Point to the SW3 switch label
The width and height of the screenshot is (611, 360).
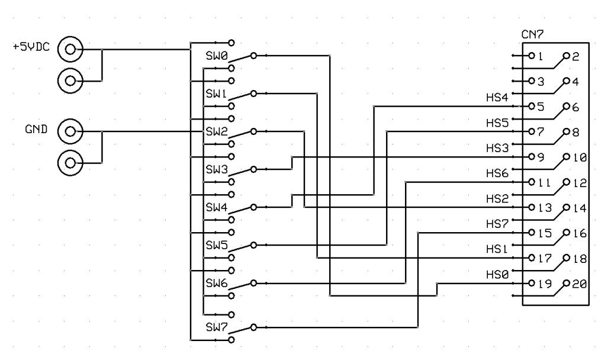214,169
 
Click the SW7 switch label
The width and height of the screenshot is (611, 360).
214,326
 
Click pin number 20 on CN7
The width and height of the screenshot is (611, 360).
580,284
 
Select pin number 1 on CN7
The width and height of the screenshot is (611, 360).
541,56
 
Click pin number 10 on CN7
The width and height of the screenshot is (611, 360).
580,157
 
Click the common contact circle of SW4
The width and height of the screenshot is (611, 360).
253,207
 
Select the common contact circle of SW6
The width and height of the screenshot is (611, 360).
253,283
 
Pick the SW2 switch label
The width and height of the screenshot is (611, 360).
214,131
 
